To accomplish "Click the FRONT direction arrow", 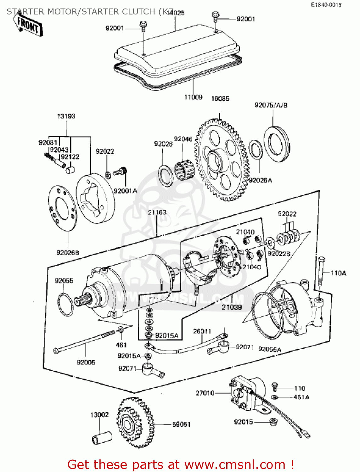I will (28, 25).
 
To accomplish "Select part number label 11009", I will (193, 97).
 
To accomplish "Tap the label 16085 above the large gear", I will (220, 98).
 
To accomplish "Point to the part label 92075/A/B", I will (271, 105).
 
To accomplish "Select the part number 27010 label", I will (205, 393).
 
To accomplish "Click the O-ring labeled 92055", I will (65, 304).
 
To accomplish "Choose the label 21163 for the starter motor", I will (157, 212).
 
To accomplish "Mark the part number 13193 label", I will (66, 116).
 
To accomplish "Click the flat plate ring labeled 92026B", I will (62, 208).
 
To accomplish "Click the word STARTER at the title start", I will (26, 12).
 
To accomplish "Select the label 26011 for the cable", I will (202, 331).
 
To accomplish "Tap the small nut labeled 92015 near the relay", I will (273, 422).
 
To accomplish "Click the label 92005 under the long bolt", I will (86, 362).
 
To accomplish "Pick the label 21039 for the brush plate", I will (232, 307).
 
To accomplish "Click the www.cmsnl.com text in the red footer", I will (234, 464).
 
